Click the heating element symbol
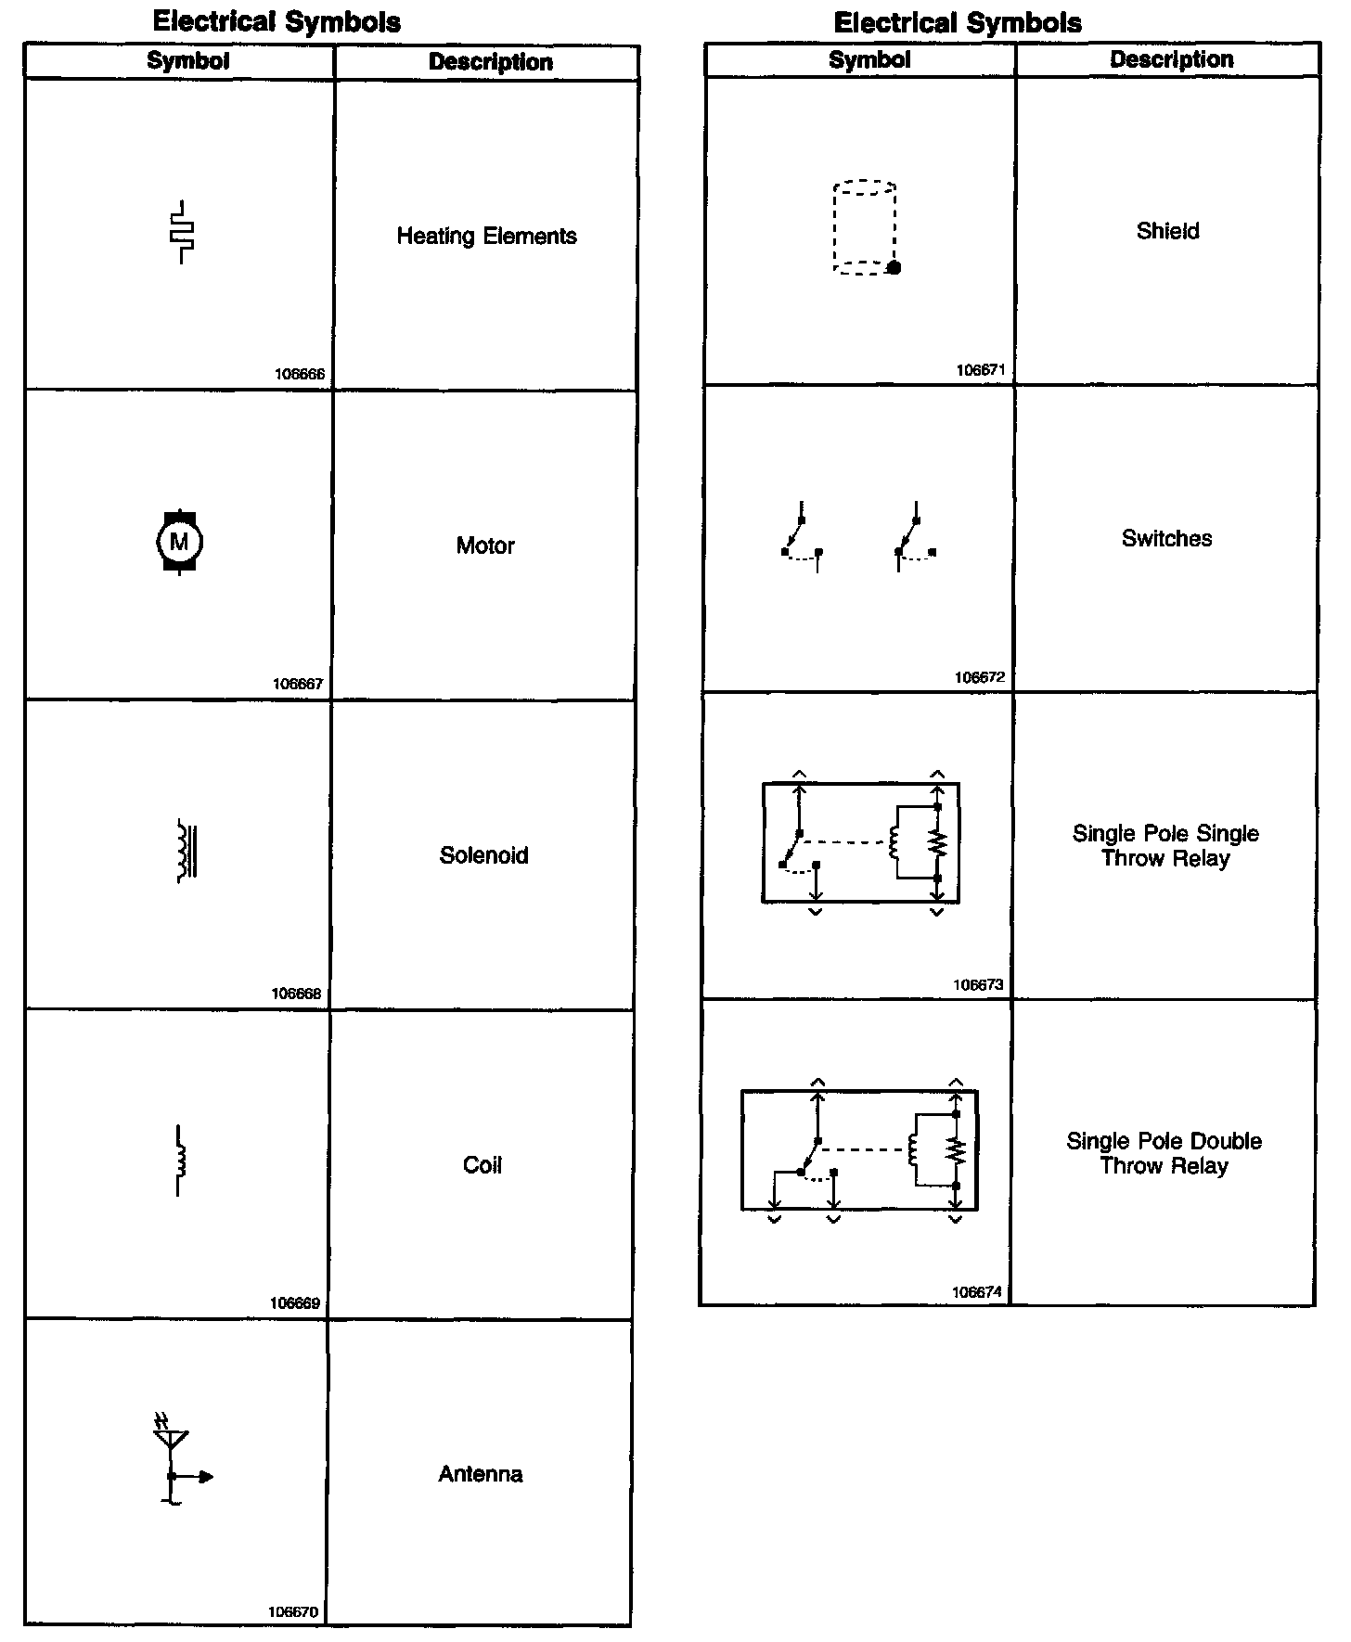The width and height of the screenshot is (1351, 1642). click(183, 232)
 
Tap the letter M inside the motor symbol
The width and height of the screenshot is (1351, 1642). click(179, 542)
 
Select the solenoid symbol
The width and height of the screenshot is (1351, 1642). click(187, 851)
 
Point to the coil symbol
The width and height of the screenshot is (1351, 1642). click(180, 1161)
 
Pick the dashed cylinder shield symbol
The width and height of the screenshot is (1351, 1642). click(865, 228)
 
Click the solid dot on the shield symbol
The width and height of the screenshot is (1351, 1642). click(894, 268)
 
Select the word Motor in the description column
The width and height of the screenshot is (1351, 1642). click(485, 545)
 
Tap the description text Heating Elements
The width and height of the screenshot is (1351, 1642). click(486, 237)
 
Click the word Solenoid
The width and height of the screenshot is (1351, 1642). click(483, 855)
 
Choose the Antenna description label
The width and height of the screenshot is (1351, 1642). click(480, 1474)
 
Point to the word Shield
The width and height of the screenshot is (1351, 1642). click(1167, 231)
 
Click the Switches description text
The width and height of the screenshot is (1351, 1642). click(1166, 539)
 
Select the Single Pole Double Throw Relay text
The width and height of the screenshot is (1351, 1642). click(1164, 1153)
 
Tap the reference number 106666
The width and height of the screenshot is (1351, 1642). click(300, 375)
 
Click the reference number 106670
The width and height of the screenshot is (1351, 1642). click(293, 1612)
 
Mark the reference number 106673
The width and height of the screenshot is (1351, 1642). click(979, 984)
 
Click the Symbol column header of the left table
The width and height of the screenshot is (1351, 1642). click(187, 61)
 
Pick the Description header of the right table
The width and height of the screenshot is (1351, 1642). click(1171, 59)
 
